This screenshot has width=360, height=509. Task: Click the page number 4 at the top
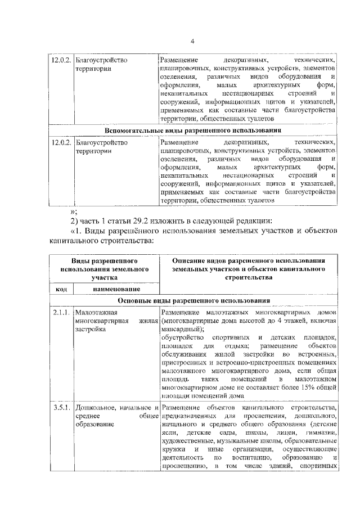(x=192, y=42)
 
